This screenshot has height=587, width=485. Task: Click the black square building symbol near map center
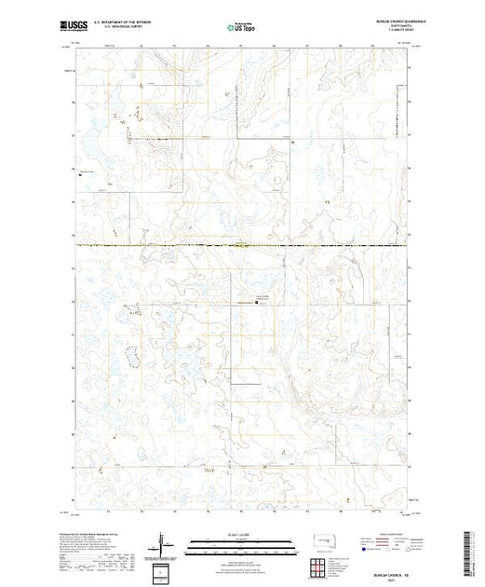[x=260, y=301]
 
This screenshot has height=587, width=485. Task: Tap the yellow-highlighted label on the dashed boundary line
[x=240, y=246]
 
